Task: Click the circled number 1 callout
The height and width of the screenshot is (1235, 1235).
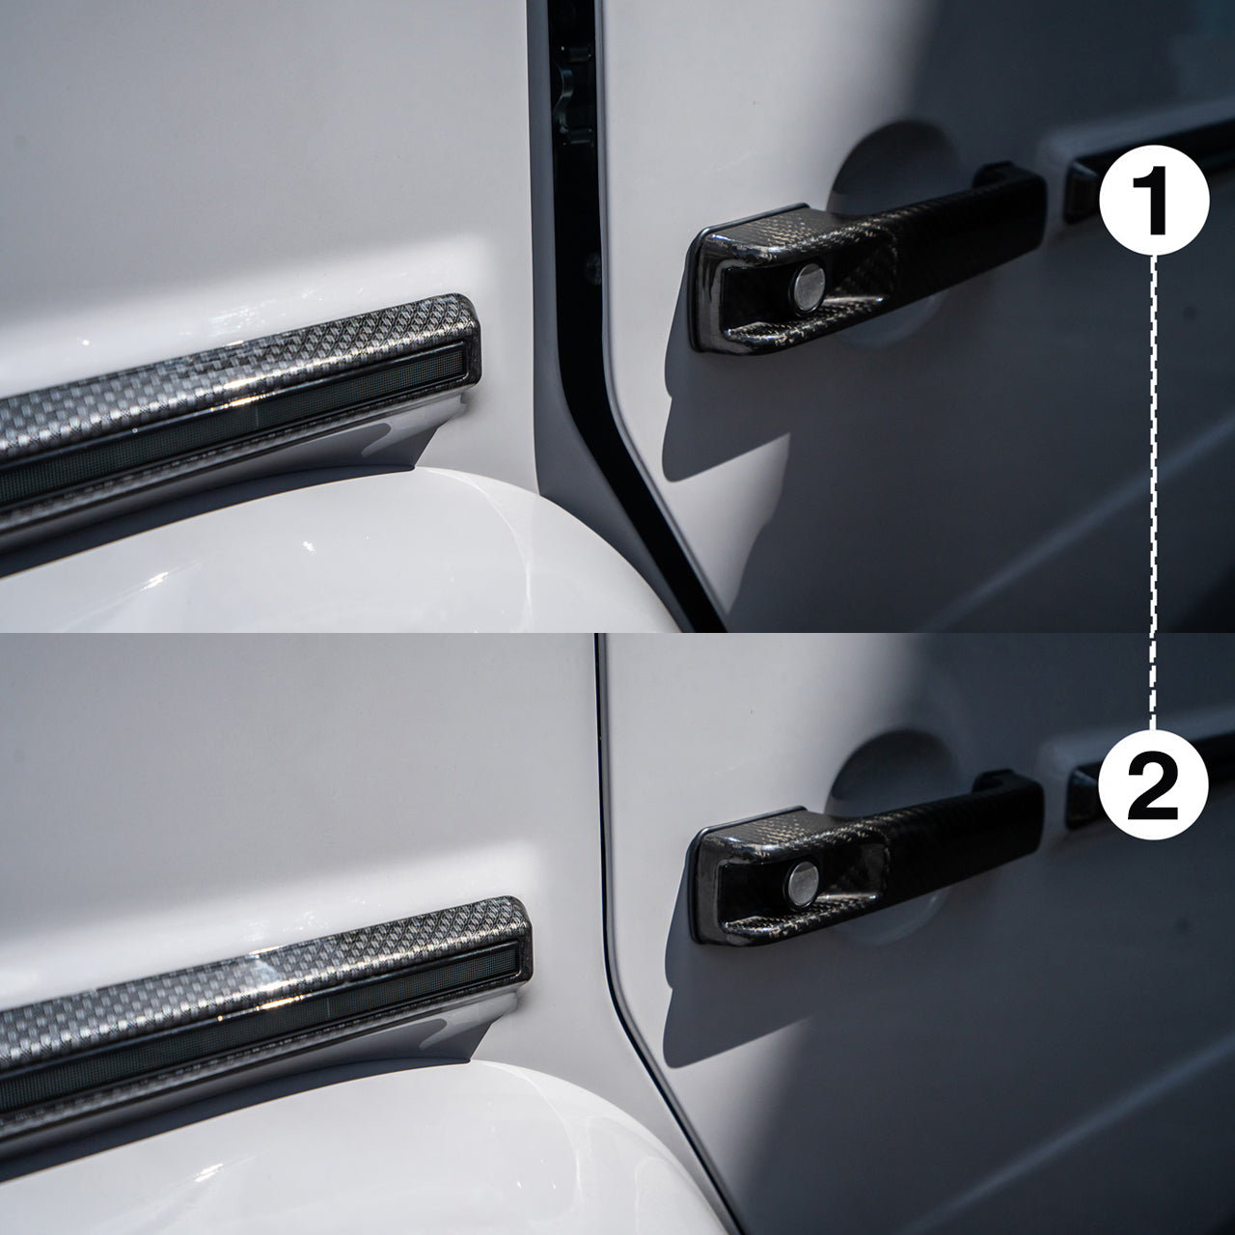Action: point(1154,201)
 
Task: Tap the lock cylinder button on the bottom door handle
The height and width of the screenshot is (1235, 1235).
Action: point(802,879)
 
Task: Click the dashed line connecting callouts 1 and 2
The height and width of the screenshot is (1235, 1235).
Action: point(1153,482)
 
